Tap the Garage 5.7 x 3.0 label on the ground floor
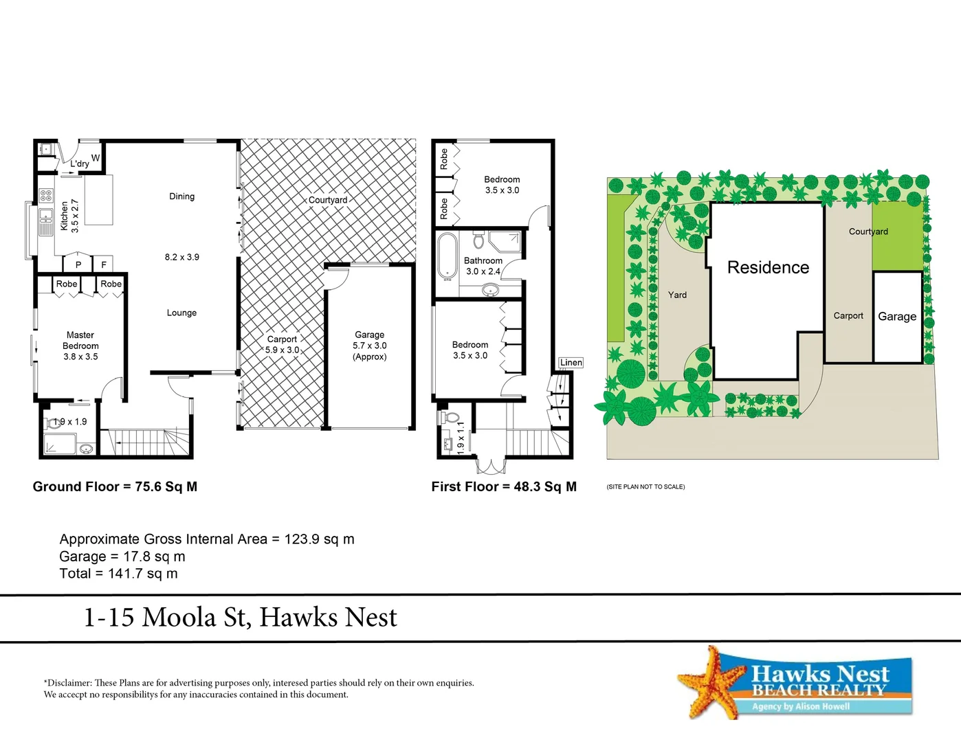click(x=370, y=346)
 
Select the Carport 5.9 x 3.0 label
click(x=283, y=344)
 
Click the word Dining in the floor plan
click(x=181, y=196)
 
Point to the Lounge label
click(x=181, y=313)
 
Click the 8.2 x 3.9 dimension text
click(x=181, y=257)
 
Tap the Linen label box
click(x=571, y=363)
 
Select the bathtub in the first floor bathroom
click(x=448, y=256)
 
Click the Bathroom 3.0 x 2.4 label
click(x=483, y=266)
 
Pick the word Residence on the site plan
click(x=768, y=267)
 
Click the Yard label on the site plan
click(x=677, y=295)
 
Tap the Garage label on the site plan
click(x=897, y=317)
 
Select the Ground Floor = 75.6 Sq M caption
click(x=115, y=486)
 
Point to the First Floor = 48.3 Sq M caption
click(x=504, y=486)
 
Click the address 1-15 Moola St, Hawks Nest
click(x=240, y=617)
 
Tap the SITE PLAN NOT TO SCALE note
click(x=645, y=486)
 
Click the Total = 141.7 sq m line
click(x=118, y=574)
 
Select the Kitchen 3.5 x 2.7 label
click(x=69, y=216)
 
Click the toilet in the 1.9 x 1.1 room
click(x=452, y=417)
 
